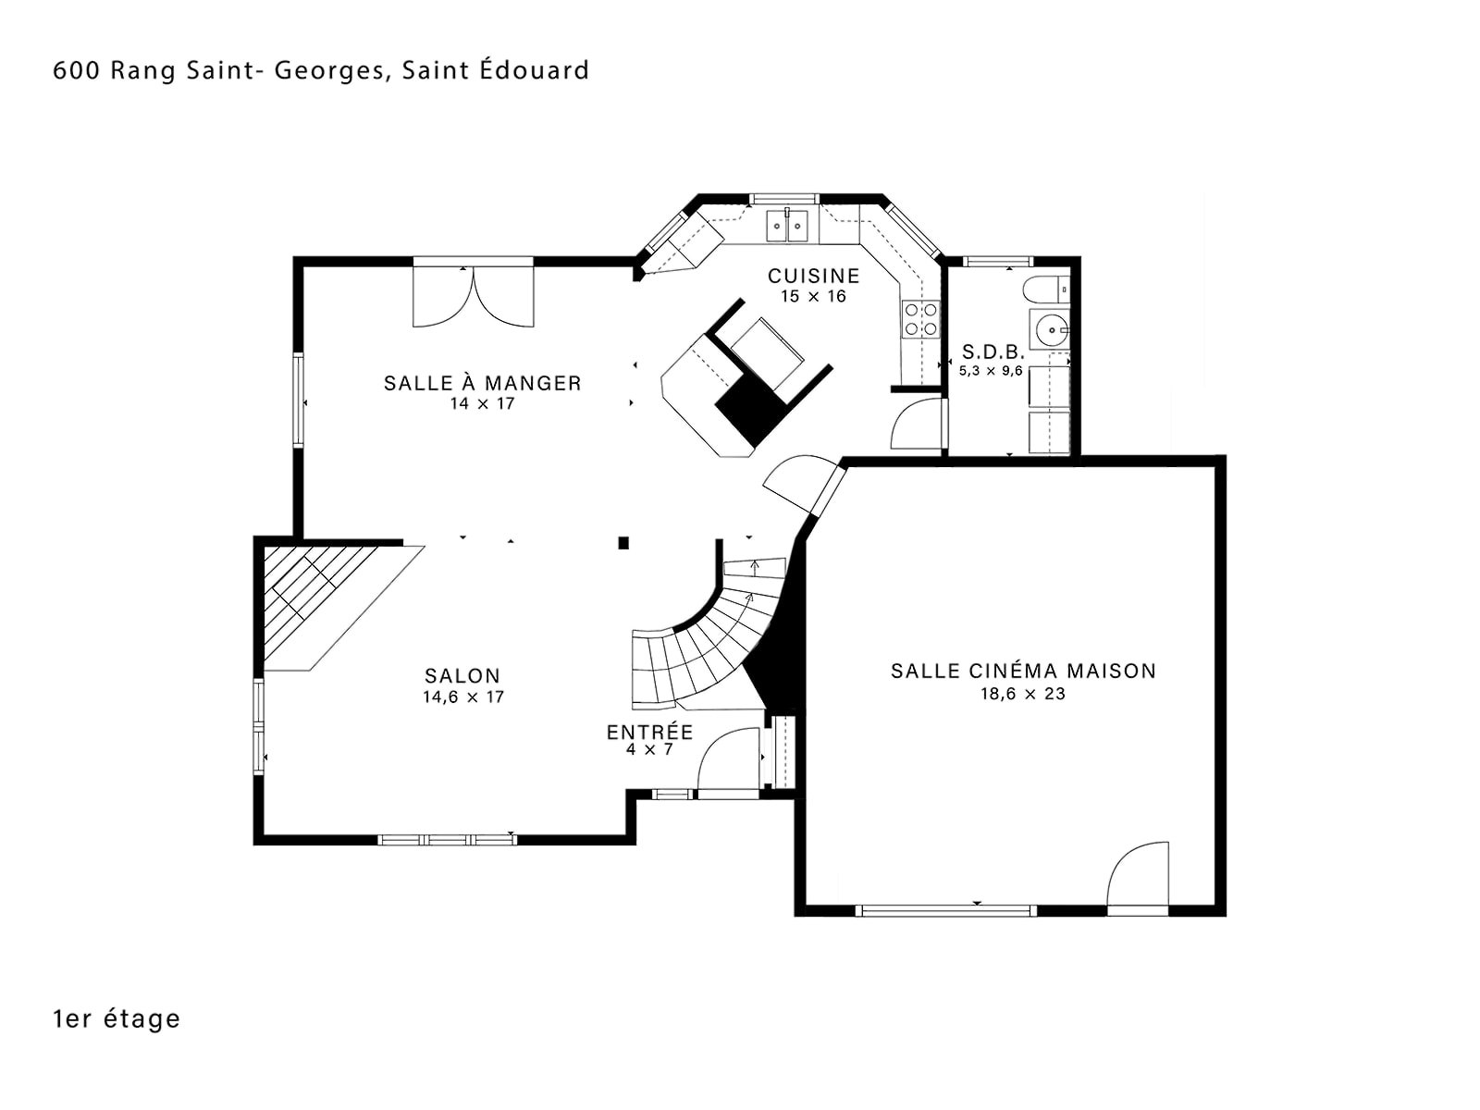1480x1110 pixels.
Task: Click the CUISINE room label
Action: tap(813, 276)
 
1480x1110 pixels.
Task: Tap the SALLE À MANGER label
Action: tap(482, 383)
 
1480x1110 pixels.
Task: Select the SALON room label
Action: tap(462, 675)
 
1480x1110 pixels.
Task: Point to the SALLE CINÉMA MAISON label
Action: tap(1023, 671)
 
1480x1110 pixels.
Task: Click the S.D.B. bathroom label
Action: tap(993, 351)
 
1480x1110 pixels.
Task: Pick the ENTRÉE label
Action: tap(649, 732)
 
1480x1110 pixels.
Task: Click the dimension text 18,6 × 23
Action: tap(1023, 694)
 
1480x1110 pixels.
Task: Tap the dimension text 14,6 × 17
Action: tap(463, 697)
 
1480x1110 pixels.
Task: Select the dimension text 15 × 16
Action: tap(813, 296)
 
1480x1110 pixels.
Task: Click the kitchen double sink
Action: tap(787, 225)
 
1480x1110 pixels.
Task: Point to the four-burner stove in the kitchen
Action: tap(920, 319)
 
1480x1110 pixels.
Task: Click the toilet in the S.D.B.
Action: tap(1045, 290)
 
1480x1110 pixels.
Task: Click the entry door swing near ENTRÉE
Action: tap(728, 758)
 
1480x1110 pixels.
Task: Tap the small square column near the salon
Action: tap(623, 543)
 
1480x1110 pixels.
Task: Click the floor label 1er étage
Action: tap(117, 1019)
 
